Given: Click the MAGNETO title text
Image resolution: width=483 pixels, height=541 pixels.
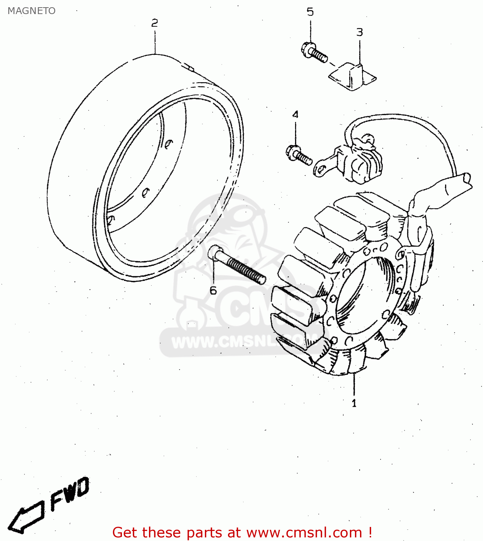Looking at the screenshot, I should pyautogui.click(x=31, y=11).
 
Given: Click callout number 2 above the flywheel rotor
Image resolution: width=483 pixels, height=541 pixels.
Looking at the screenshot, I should pyautogui.click(x=154, y=23).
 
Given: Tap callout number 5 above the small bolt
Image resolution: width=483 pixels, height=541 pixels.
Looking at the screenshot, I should pyautogui.click(x=310, y=12).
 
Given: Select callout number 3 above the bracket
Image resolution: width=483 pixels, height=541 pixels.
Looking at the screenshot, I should pyautogui.click(x=359, y=32).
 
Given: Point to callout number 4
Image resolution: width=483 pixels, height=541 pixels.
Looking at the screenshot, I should pyautogui.click(x=295, y=115).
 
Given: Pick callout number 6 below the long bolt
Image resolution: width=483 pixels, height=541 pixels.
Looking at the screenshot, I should pyautogui.click(x=213, y=290).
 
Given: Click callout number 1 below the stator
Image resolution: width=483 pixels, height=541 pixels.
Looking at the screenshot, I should pyautogui.click(x=354, y=403).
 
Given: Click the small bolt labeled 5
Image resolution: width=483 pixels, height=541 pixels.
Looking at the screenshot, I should pyautogui.click(x=313, y=52).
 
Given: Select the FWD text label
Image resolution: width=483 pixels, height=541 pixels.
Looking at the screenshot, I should pyautogui.click(x=69, y=493).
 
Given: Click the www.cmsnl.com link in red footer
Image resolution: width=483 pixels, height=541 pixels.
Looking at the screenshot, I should pyautogui.click(x=304, y=533).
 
